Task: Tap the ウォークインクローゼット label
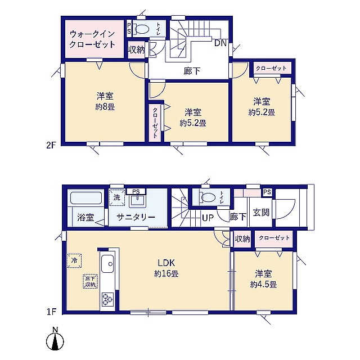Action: point(92,39)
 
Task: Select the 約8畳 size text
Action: point(105,107)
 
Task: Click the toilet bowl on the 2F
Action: point(142,29)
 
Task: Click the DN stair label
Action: point(220,43)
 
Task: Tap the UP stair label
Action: point(208,218)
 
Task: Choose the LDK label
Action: point(166,263)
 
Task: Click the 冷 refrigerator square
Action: point(74,260)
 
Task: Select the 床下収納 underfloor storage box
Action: point(90,281)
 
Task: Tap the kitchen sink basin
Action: point(107,264)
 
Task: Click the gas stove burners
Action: point(107,299)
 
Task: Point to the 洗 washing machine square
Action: point(116,197)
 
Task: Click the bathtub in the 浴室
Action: point(86,198)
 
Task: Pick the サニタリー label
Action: point(136,217)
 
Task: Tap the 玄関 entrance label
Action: point(261,213)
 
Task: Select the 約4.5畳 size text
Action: point(263,285)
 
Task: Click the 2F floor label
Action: point(51,146)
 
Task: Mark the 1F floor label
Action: point(51,312)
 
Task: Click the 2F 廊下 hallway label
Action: point(192,71)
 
